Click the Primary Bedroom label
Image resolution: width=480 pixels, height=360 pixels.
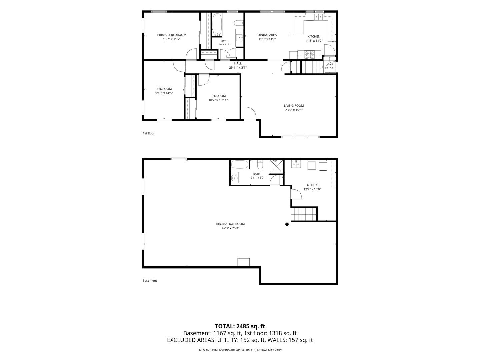(x=172, y=35)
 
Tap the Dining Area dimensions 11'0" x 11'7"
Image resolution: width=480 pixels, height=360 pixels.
(x=267, y=39)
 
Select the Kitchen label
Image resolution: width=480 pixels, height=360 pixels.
(x=314, y=37)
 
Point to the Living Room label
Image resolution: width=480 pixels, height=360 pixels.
(x=294, y=106)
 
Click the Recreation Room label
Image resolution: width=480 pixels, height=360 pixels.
(x=230, y=224)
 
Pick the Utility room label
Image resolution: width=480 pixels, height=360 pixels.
(x=312, y=185)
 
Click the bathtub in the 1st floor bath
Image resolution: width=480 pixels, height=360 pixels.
(x=217, y=24)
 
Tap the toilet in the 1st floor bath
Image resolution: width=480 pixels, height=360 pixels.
(x=238, y=23)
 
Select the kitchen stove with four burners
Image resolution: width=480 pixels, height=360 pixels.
(x=309, y=55)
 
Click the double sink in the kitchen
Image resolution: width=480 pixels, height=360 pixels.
(x=318, y=17)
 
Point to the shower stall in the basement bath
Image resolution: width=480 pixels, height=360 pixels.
(x=276, y=167)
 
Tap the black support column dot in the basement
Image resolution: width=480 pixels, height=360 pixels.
(x=287, y=224)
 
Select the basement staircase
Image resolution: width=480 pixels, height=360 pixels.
(x=304, y=214)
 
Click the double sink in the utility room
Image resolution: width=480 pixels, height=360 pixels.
(x=296, y=164)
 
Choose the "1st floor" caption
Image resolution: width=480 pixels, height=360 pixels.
(x=148, y=133)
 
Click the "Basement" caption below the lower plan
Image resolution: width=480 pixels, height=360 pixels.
(x=150, y=281)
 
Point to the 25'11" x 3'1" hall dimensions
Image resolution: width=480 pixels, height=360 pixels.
(x=238, y=68)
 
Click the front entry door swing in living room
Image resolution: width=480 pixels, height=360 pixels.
(x=250, y=113)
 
